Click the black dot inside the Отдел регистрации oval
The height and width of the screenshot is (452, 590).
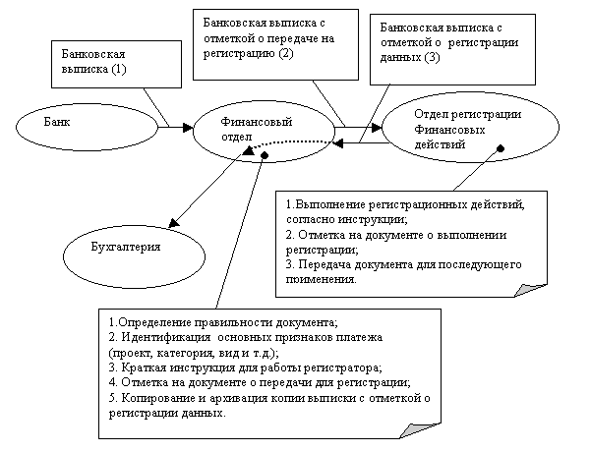pyautogui.click(x=501, y=148)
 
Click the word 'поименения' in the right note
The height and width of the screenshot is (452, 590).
pyautogui.click(x=320, y=279)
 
